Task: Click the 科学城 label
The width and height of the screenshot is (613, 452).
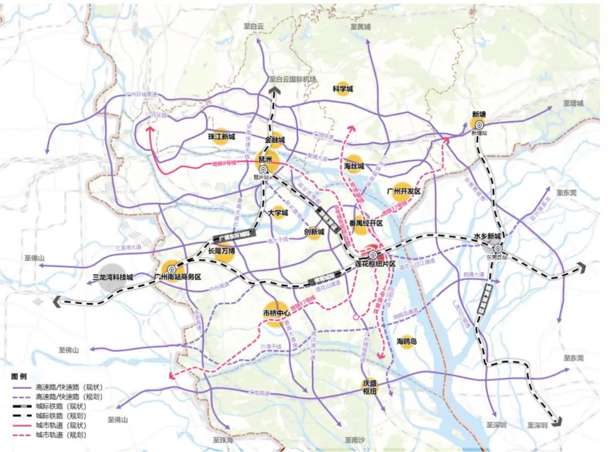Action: tap(342, 90)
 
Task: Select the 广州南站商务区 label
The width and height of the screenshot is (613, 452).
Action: tap(178, 277)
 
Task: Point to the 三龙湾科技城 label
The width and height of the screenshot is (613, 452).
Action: tap(112, 277)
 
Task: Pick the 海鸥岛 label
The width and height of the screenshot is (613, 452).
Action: tap(406, 341)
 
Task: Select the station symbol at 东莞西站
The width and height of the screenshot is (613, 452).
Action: tap(498, 248)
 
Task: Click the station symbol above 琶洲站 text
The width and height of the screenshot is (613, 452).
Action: tap(263, 170)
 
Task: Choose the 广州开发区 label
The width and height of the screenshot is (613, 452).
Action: tap(403, 192)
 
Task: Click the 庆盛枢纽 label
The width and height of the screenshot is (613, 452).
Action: tap(370, 387)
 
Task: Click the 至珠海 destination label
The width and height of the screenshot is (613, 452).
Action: tap(223, 440)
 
